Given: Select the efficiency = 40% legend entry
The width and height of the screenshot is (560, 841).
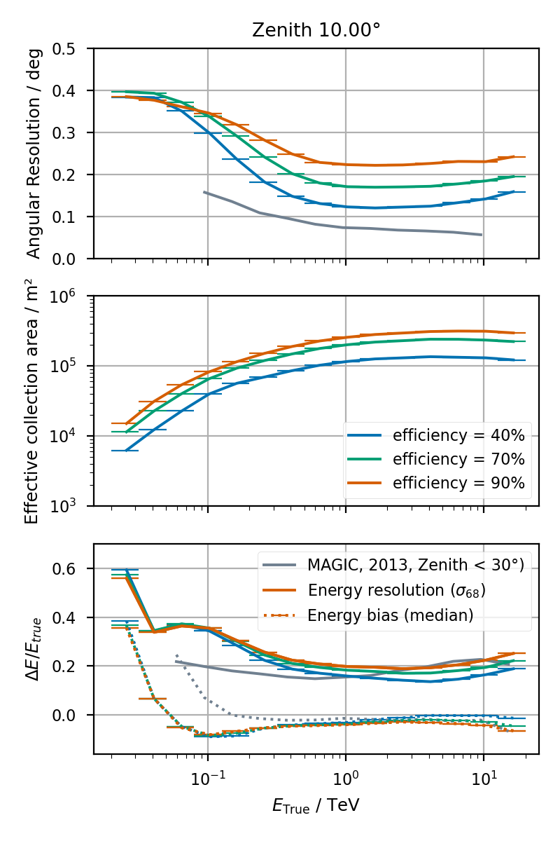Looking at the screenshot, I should click(458, 435).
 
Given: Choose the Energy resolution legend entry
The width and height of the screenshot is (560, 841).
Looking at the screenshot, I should click(397, 590).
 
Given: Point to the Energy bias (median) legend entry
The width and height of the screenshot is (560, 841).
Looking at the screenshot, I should click(391, 615).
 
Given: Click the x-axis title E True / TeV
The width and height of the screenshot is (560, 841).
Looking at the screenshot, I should click(316, 805).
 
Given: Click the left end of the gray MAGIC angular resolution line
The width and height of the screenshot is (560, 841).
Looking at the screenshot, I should click(204, 192).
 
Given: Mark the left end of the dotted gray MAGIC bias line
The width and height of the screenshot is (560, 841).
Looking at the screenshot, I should click(176, 655).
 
